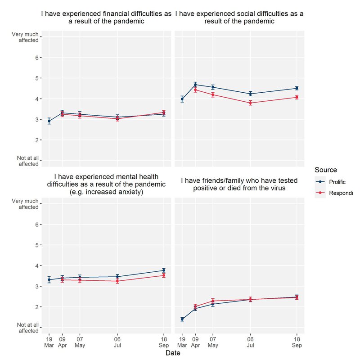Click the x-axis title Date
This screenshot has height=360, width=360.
point(173,354)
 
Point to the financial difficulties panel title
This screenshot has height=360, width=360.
point(106,18)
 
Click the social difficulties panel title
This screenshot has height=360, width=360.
point(239,18)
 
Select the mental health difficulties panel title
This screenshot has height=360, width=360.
point(106,184)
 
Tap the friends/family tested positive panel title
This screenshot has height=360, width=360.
point(239,184)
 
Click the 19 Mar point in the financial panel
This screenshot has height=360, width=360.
point(49,121)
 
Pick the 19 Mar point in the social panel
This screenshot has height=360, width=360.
point(182,99)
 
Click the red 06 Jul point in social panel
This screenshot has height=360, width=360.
point(250,103)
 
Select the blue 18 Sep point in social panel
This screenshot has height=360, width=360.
point(297,88)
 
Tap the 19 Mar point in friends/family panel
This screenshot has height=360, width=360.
point(182,319)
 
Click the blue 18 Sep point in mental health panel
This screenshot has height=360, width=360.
point(164,270)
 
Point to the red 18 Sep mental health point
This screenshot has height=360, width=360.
point(164,275)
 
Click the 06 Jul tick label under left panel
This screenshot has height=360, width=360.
point(117,342)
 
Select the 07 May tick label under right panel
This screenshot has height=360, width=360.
point(213,342)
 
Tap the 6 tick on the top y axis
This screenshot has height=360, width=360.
point(37,58)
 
